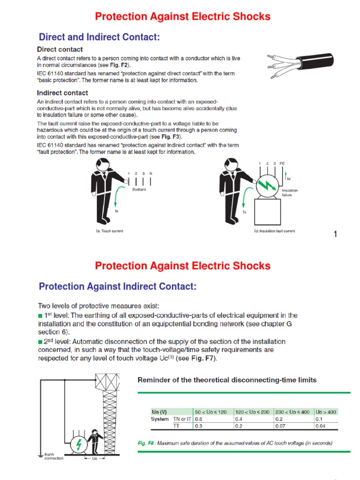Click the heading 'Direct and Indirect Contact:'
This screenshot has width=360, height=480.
tap(99, 37)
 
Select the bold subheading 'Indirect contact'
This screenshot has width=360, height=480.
tap(62, 93)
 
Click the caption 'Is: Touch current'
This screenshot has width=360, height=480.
tap(109, 231)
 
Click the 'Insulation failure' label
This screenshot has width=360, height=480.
tap(289, 193)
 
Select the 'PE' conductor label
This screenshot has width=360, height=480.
tap(282, 164)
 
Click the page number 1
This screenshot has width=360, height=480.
tap(335, 234)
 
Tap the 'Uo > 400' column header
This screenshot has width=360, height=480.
tap(326, 412)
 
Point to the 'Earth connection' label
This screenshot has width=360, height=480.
tap(50, 456)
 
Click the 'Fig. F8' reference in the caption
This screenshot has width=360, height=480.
tap(146, 443)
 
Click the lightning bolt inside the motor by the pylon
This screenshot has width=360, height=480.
tap(79, 443)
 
